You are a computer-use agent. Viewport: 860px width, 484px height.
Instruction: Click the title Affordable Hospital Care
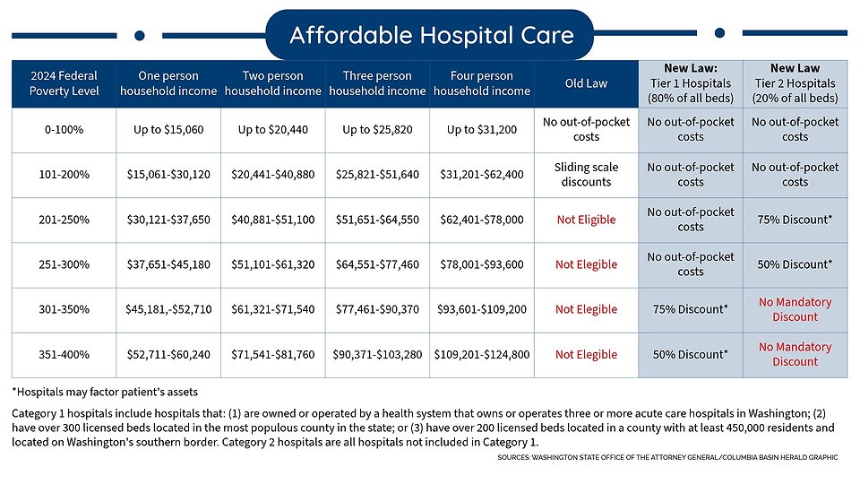coord(430,35)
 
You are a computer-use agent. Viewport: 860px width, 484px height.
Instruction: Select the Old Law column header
coord(586,83)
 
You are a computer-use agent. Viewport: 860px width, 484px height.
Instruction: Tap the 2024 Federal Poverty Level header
coord(63,83)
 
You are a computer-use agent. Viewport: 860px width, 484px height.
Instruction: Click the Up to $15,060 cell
coord(168,129)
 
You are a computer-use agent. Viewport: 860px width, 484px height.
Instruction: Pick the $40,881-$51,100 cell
coord(272,219)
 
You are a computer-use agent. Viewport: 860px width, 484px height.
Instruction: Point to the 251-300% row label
coord(63,264)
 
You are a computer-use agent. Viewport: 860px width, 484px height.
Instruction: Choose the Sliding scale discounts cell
coord(586,174)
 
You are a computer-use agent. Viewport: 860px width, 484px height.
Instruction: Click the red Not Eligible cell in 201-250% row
coord(586,220)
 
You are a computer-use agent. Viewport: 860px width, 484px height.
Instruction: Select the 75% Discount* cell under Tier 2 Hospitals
coord(795,220)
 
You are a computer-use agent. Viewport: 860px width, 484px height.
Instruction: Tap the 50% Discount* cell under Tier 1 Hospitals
coord(690,354)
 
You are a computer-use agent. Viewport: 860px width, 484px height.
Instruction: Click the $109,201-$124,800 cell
coord(482,354)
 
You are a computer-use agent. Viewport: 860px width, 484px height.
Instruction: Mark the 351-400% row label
coord(63,354)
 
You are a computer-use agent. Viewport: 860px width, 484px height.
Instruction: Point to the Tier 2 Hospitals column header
coord(795,83)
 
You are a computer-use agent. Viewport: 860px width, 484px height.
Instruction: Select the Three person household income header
coord(377,83)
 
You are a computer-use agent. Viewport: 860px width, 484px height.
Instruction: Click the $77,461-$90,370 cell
coord(377,309)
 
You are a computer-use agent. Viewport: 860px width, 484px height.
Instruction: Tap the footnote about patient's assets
coord(105,391)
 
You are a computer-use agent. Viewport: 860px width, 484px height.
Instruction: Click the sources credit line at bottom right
coord(667,457)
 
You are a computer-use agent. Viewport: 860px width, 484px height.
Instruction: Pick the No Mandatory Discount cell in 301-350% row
coord(795,309)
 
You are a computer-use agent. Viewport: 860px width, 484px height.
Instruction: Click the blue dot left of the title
coord(139,35)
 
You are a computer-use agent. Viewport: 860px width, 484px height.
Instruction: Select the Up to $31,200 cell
coord(482,129)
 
